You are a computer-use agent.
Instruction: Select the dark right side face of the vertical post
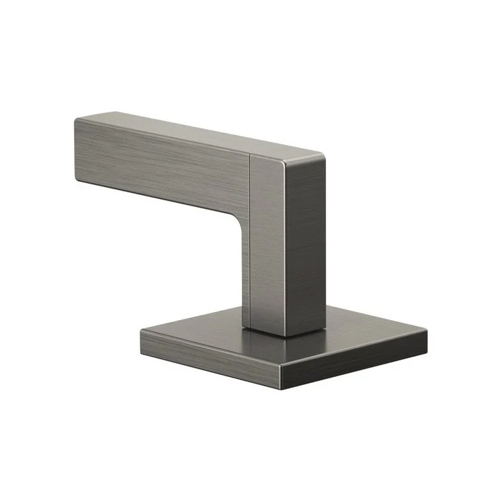306,245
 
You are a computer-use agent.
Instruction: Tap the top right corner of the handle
325,157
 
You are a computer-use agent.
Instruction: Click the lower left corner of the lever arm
78,181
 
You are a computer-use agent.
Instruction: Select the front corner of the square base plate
280,364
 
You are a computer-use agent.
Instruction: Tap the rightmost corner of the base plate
427,331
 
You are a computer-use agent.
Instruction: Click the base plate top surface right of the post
370,331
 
